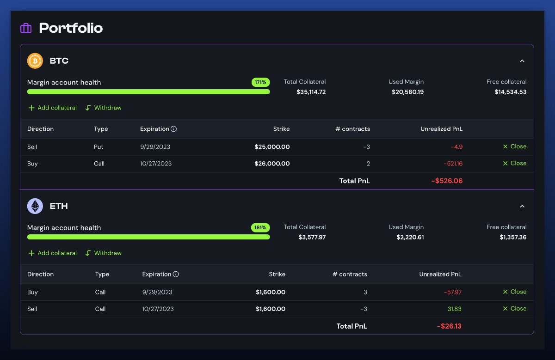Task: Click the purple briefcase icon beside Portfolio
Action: (26, 28)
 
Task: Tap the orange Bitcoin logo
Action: (35, 61)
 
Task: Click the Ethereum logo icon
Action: (35, 206)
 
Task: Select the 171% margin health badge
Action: (260, 82)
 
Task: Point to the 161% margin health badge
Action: (260, 227)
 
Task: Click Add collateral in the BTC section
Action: (52, 108)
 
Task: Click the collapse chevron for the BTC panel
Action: (522, 61)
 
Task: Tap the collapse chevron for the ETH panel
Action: (522, 206)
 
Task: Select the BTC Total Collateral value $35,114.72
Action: (311, 92)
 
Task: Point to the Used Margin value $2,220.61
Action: (410, 237)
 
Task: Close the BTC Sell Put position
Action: (514, 146)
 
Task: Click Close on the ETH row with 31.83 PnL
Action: (514, 309)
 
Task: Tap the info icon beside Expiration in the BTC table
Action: (173, 129)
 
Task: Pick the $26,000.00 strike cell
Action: (272, 164)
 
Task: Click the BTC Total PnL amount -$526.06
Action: (447, 181)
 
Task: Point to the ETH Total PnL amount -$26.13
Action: (449, 326)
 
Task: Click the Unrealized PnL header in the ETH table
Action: (440, 274)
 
